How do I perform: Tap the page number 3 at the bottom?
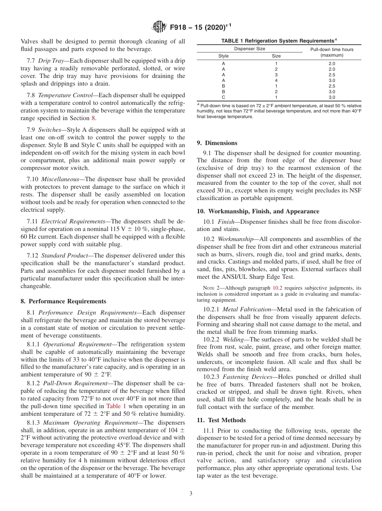191,494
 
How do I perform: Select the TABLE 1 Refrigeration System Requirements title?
279,41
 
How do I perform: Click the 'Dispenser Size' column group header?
249,49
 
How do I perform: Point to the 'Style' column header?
223,56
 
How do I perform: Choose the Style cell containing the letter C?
223,97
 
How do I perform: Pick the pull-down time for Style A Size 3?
331,75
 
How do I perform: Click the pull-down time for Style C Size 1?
331,97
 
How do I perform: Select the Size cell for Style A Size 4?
276,80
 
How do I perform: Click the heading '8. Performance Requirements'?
63,301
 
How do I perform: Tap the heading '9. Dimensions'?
217,143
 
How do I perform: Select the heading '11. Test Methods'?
221,420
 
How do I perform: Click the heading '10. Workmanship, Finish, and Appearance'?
258,211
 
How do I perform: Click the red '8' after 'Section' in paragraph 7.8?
94,118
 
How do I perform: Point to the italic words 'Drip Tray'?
51,61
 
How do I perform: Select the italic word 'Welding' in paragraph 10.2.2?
233,339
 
